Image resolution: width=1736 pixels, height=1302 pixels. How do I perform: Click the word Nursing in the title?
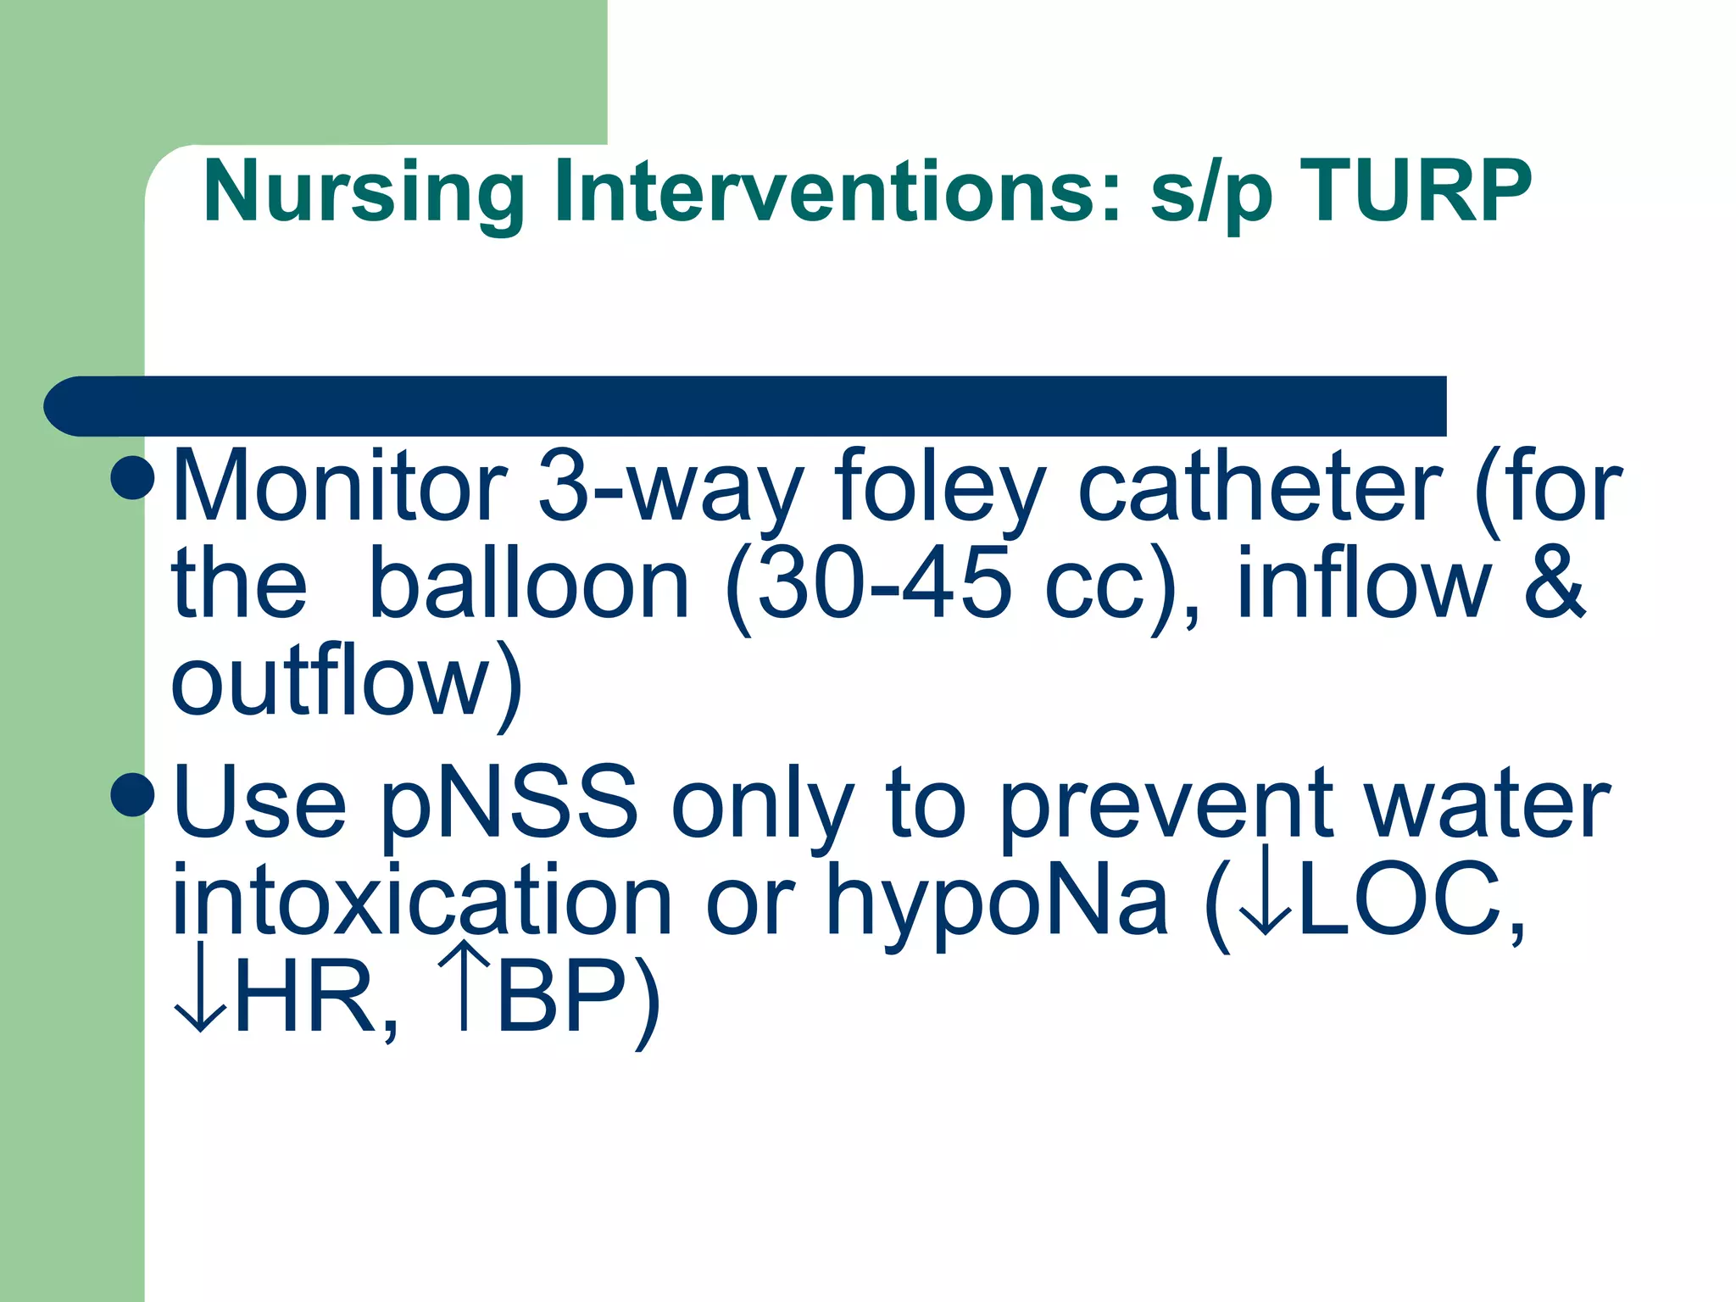point(364,193)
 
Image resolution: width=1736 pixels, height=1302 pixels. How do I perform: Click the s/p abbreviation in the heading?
point(1212,195)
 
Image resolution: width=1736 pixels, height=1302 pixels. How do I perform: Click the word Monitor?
point(339,488)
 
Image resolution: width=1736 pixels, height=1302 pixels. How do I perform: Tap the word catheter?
point(1260,488)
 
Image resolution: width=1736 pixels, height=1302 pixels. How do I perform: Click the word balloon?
point(530,585)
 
